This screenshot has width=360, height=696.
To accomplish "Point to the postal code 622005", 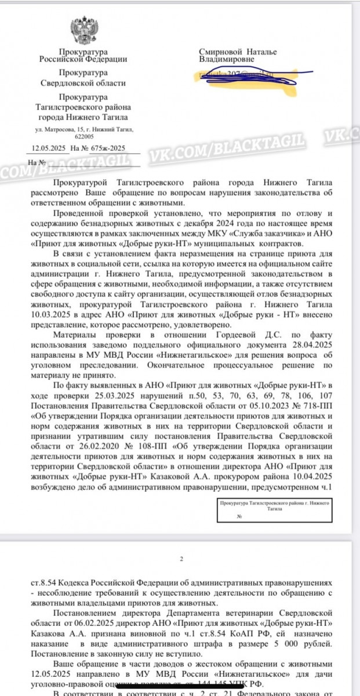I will pos(84,137).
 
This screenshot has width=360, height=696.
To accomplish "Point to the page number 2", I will pos(181,559).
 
